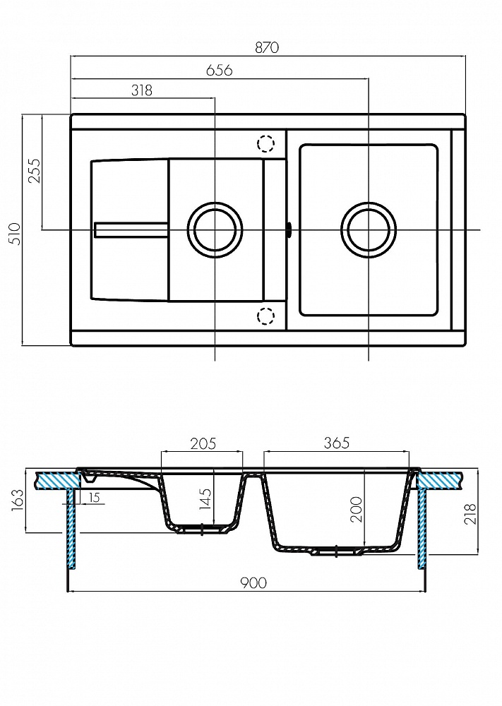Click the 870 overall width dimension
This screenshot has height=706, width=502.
267,47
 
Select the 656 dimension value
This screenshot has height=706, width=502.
220,70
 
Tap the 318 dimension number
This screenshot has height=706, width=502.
142,90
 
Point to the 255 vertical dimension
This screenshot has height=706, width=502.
35,171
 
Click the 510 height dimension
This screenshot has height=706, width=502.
16,234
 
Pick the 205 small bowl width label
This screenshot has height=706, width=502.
203,443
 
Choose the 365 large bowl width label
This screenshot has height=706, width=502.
337,443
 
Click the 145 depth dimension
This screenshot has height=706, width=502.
205,499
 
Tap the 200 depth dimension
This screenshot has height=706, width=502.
357,509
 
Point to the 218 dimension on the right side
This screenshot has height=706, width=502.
470,513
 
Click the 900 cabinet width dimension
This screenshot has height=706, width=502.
253,583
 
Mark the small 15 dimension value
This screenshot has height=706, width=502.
94,498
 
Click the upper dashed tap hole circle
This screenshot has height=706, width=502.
265,143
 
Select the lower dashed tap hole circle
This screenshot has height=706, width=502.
265,316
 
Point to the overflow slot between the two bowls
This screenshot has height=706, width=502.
289,229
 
